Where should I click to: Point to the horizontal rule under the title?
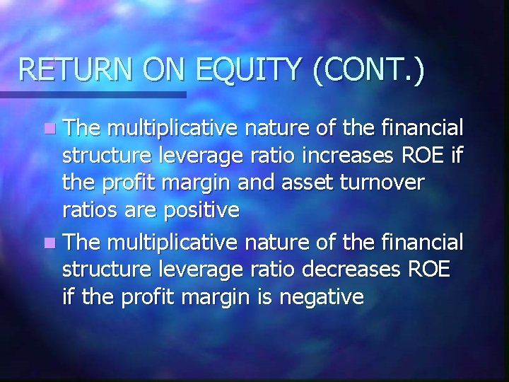pos(93,93)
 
